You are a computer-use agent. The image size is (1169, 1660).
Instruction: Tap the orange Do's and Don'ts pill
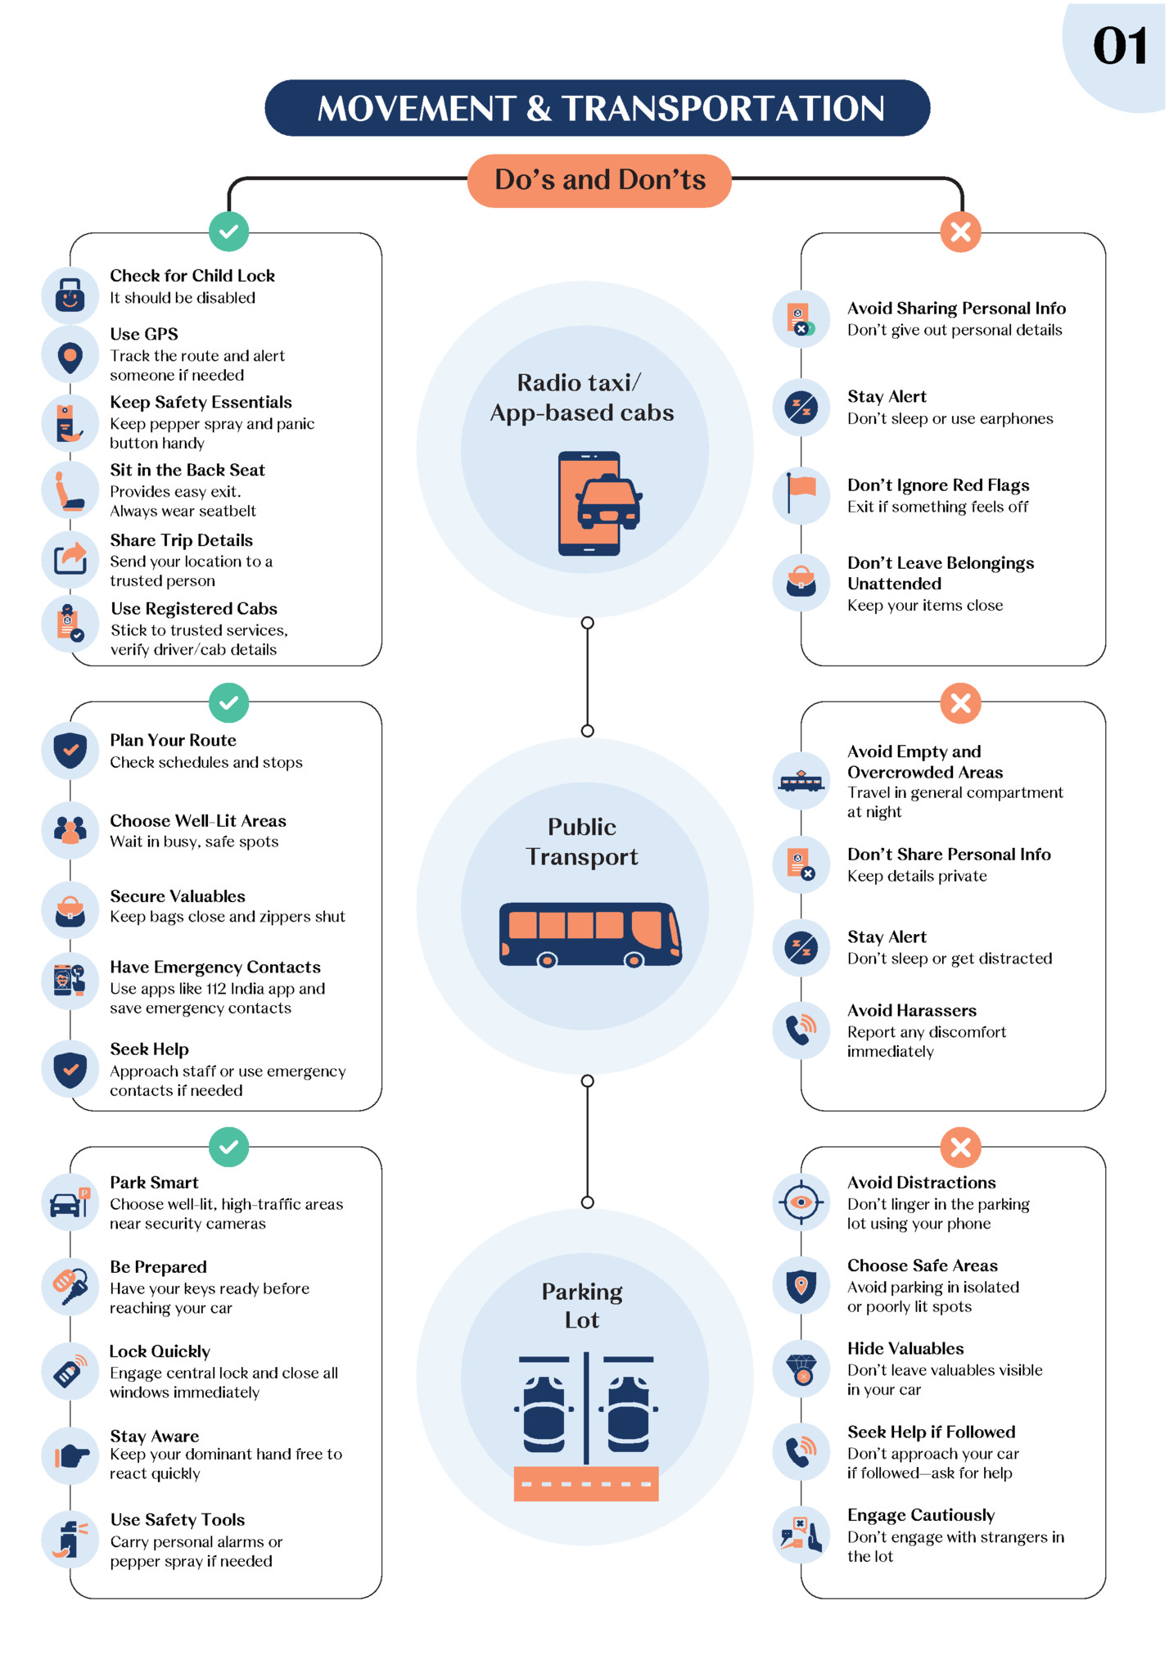(599, 180)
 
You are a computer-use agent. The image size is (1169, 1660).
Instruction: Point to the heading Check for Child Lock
(192, 276)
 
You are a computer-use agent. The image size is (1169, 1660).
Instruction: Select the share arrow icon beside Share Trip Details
(70, 558)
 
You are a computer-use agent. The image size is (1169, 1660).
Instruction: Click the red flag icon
(801, 494)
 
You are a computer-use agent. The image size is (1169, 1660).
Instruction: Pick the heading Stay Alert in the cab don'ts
(887, 397)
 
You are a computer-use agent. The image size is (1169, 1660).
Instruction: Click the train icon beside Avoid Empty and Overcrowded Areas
(801, 782)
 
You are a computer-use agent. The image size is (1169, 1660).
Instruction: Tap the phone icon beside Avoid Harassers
(801, 1030)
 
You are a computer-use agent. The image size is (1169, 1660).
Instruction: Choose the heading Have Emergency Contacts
(215, 968)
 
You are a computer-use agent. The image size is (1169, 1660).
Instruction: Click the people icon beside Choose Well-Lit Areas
(70, 830)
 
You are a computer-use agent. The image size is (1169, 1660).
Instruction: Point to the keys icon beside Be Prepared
(70, 1286)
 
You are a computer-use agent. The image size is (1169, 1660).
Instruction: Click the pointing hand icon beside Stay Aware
(70, 1455)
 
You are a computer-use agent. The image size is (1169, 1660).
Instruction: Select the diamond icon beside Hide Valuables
(801, 1369)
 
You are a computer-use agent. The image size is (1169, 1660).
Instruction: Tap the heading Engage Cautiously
(921, 1515)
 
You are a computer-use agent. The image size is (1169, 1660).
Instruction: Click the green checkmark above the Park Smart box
(229, 1148)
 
